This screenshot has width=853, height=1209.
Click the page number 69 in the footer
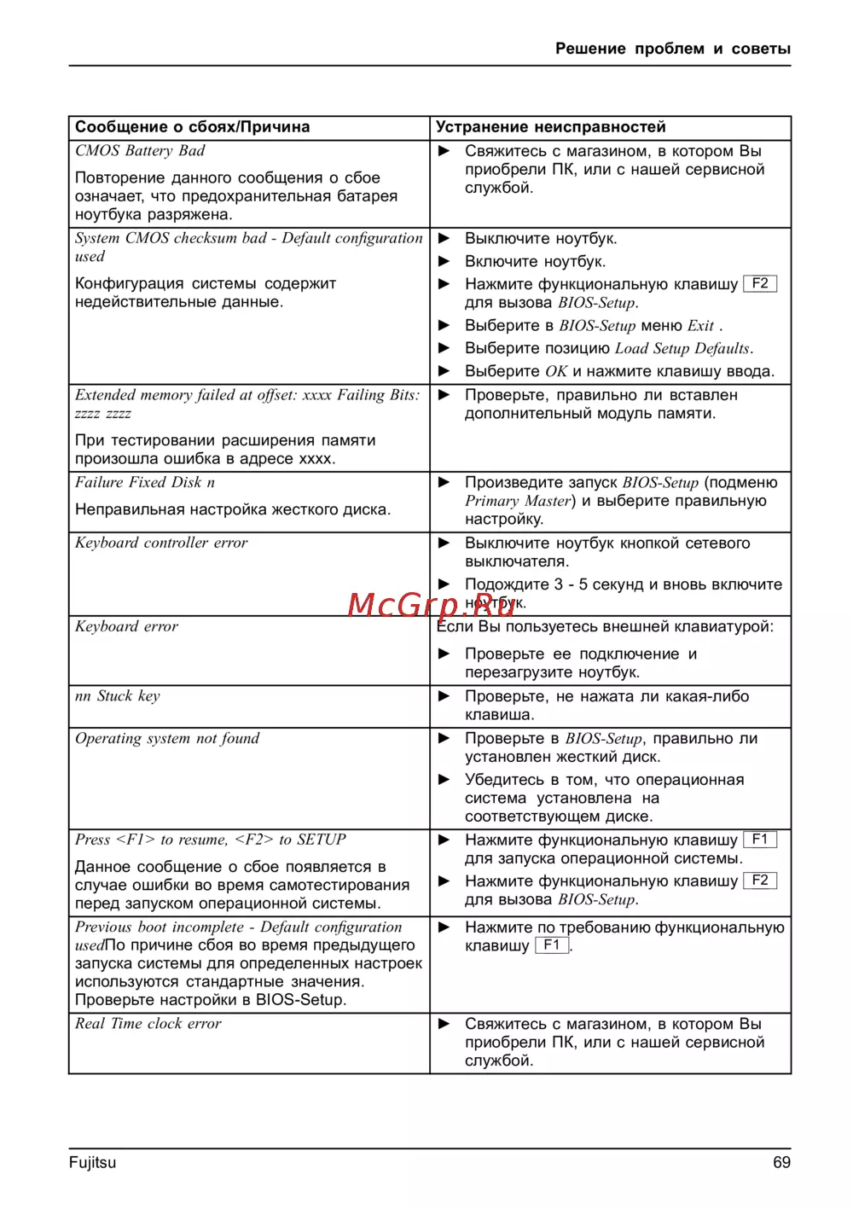(781, 1162)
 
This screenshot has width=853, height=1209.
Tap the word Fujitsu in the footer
(92, 1162)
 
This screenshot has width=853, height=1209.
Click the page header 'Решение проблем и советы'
(672, 49)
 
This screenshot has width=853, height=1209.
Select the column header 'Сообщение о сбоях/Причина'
(193, 127)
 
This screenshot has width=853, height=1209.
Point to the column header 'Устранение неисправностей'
(550, 127)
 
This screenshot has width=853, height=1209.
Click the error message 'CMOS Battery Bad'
(140, 151)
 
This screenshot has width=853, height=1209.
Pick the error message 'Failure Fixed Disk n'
(145, 482)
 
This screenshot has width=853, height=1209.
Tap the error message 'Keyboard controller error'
(161, 543)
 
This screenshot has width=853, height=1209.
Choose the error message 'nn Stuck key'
(118, 696)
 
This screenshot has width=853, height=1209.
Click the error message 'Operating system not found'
(167, 739)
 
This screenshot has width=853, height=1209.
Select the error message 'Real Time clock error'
(148, 1024)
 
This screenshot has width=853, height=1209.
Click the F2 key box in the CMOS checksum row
(760, 283)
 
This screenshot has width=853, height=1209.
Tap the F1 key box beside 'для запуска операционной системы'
(760, 840)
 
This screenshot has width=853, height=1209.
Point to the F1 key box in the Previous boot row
(552, 945)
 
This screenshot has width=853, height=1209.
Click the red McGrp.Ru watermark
(432, 604)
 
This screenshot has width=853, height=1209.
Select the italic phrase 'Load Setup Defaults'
(683, 348)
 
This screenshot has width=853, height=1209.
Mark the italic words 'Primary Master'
(518, 501)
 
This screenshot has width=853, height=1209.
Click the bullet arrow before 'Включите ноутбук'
(444, 261)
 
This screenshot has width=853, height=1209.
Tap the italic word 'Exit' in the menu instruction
(700, 325)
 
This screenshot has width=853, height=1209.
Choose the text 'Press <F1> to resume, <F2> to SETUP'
(211, 840)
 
